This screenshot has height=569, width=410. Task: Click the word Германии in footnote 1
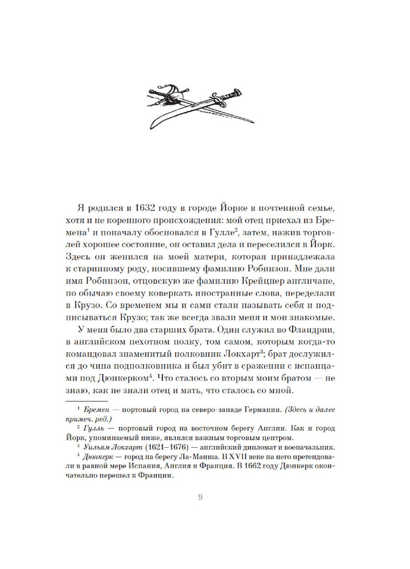coord(275,424)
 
